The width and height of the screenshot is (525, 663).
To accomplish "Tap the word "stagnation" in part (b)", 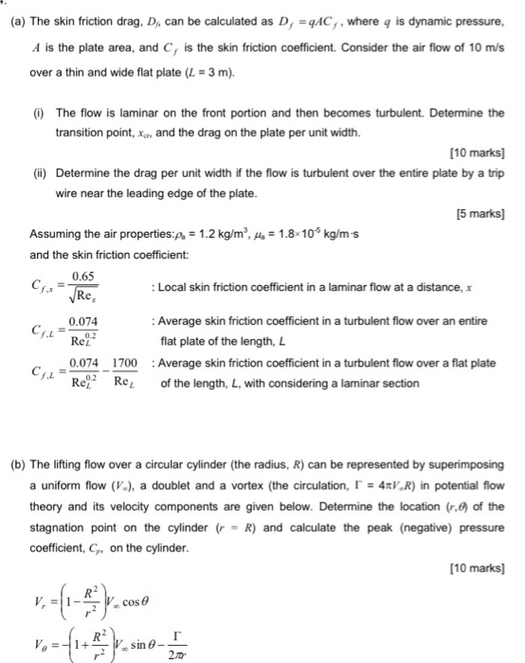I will (68, 526).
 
